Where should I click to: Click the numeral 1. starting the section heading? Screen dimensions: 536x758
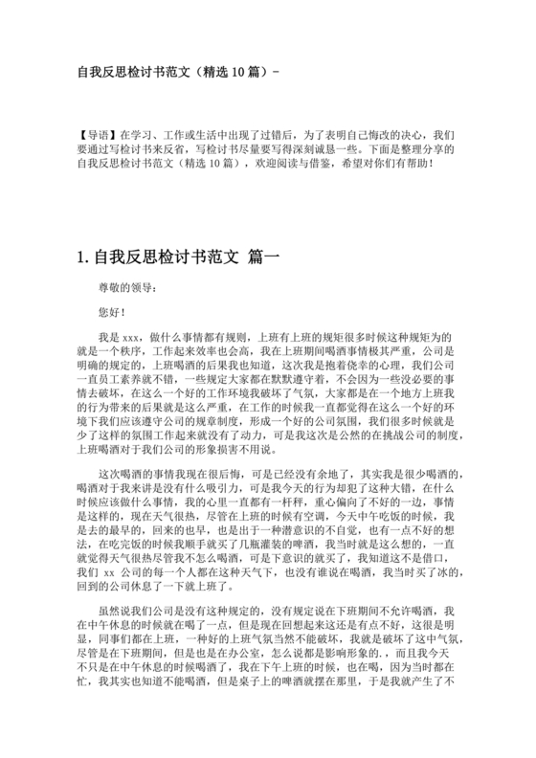(81, 257)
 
